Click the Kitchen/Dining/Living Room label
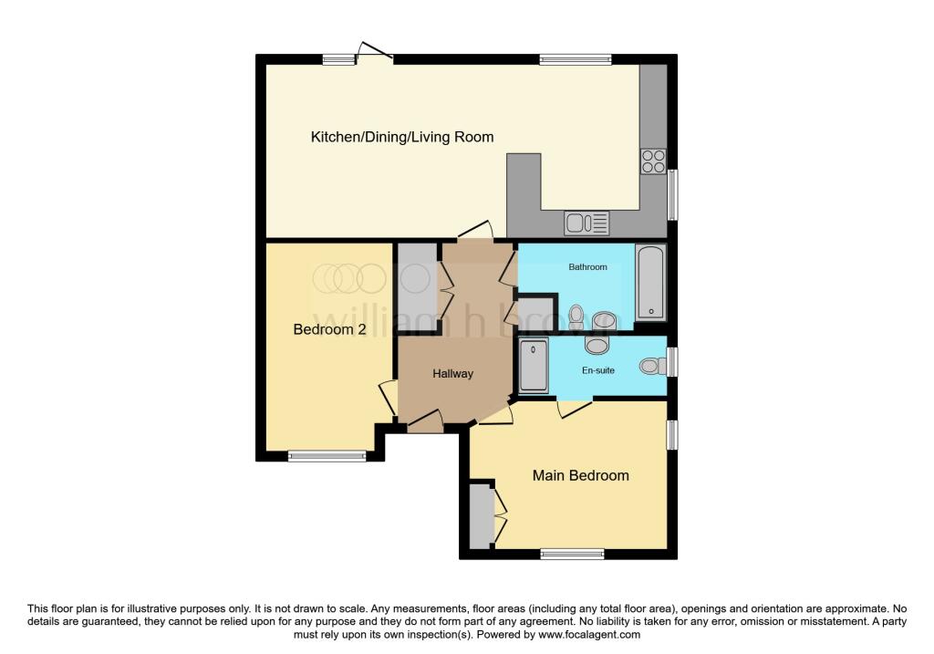[x=402, y=138]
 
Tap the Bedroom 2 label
[x=329, y=329]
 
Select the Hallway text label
[x=452, y=373]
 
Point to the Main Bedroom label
[x=581, y=475]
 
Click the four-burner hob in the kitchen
[x=653, y=161]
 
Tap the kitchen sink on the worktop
[x=586, y=222]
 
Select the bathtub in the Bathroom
[x=650, y=282]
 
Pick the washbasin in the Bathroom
[x=603, y=320]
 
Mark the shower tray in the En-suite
[x=534, y=367]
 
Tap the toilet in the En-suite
[x=653, y=366]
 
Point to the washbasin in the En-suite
[x=597, y=345]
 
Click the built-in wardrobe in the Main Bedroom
[x=480, y=515]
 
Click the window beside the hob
[x=673, y=194]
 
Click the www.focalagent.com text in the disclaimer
[x=589, y=635]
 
